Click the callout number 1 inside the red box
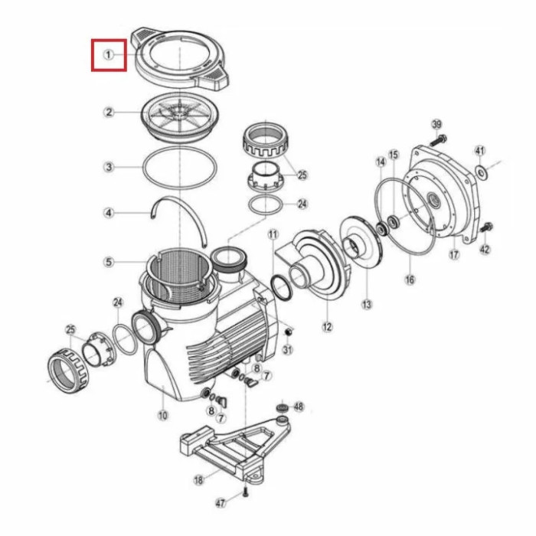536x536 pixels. [x=109, y=54]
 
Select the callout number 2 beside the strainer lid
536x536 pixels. [x=109, y=112]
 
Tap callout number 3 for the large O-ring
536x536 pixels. [x=109, y=167]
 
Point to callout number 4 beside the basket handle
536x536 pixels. [x=109, y=214]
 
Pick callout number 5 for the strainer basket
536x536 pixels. [x=109, y=262]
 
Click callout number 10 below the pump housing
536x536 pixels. [x=163, y=415]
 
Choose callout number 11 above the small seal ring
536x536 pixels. [x=273, y=234]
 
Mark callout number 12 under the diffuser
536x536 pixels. [x=327, y=327]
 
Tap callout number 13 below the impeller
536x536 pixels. [x=367, y=304]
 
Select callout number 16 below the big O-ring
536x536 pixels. [x=410, y=279]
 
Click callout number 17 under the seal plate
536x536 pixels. [x=454, y=255]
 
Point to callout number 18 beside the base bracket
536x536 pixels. [x=198, y=480]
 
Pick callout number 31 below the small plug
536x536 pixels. [x=288, y=350]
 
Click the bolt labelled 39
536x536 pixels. [x=439, y=140]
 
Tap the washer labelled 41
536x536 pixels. [x=482, y=172]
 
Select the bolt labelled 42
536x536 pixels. [x=486, y=227]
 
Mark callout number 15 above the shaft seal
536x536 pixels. [x=394, y=155]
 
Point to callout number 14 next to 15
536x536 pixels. [x=381, y=162]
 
